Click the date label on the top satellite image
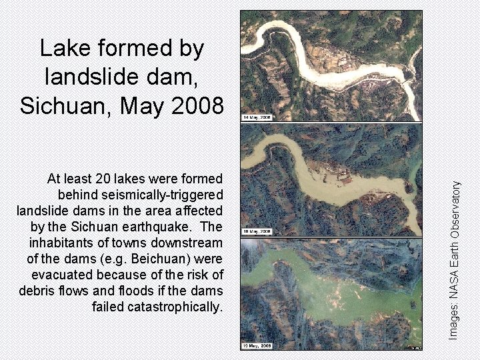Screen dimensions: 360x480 [257, 117]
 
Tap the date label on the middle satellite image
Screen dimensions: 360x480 [257, 231]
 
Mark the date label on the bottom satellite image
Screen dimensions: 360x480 [257, 345]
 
